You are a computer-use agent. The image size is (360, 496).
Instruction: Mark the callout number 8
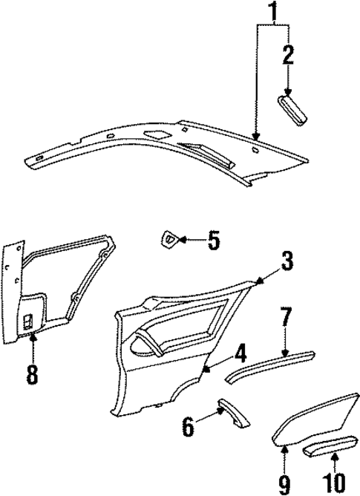31,373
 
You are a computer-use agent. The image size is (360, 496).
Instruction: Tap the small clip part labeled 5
169,240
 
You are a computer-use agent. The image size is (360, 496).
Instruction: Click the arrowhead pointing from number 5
182,240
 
